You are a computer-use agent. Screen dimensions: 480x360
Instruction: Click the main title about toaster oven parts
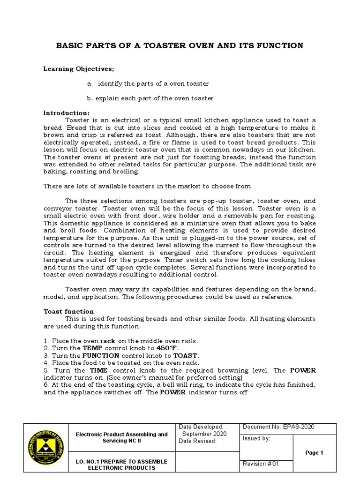coord(180,45)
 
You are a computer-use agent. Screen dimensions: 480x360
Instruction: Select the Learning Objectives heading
coord(79,69)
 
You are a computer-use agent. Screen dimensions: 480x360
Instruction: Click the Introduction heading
coord(66,113)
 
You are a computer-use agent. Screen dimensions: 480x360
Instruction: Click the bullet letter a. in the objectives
coord(90,83)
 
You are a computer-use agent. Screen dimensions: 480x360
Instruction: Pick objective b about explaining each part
coord(150,98)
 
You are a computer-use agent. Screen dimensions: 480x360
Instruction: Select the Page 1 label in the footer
coord(314,453)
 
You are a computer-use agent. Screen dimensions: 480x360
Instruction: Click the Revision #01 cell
coord(261,464)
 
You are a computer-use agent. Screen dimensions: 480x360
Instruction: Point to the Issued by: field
coord(256,439)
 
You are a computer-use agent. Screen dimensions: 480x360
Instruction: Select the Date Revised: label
coord(198,441)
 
